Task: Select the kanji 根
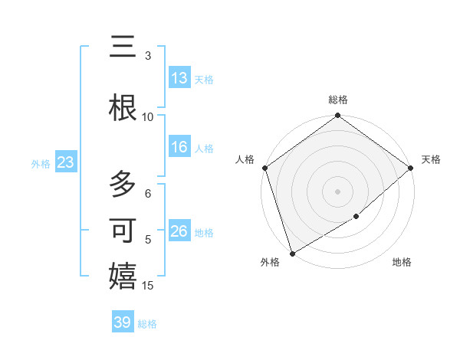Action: pos(123,109)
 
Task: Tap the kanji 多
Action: pos(123,185)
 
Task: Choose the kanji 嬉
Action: pos(123,277)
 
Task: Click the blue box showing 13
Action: pos(179,78)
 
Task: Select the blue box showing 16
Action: pos(179,148)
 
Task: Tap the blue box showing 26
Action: pos(179,231)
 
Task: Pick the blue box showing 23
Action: pos(65,162)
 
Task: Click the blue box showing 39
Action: pos(122,322)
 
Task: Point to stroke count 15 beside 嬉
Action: pos(149,286)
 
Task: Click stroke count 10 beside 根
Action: pos(148,116)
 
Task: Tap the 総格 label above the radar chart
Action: pos(337,100)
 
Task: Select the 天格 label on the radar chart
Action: pos(431,159)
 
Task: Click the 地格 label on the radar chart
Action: pos(402,262)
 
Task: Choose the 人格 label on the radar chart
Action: pos(245,159)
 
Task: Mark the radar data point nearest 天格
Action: pos(411,168)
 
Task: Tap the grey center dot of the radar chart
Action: pos(337,191)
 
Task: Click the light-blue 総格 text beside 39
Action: pos(148,324)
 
